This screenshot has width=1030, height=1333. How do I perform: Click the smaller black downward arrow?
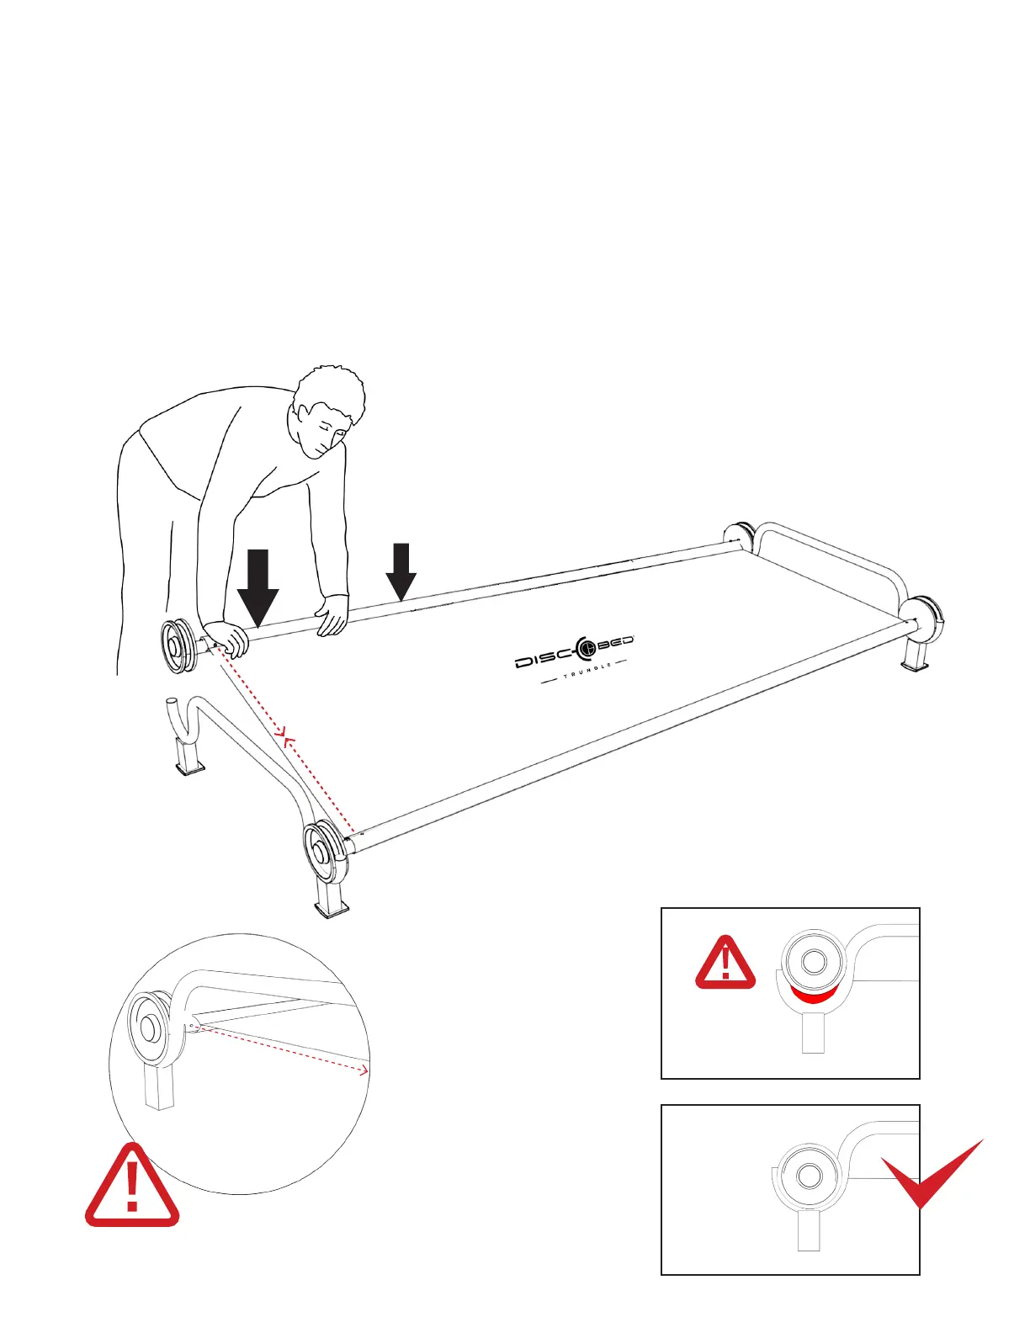point(401,571)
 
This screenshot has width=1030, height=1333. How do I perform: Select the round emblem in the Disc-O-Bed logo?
point(585,646)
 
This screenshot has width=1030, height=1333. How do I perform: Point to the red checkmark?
point(930,1174)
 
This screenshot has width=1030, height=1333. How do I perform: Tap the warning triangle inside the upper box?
point(725,963)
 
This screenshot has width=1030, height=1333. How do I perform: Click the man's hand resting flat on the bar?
point(332,613)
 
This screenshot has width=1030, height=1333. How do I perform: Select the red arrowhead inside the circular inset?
point(364,1070)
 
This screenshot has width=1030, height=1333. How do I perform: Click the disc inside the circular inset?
point(150,1027)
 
